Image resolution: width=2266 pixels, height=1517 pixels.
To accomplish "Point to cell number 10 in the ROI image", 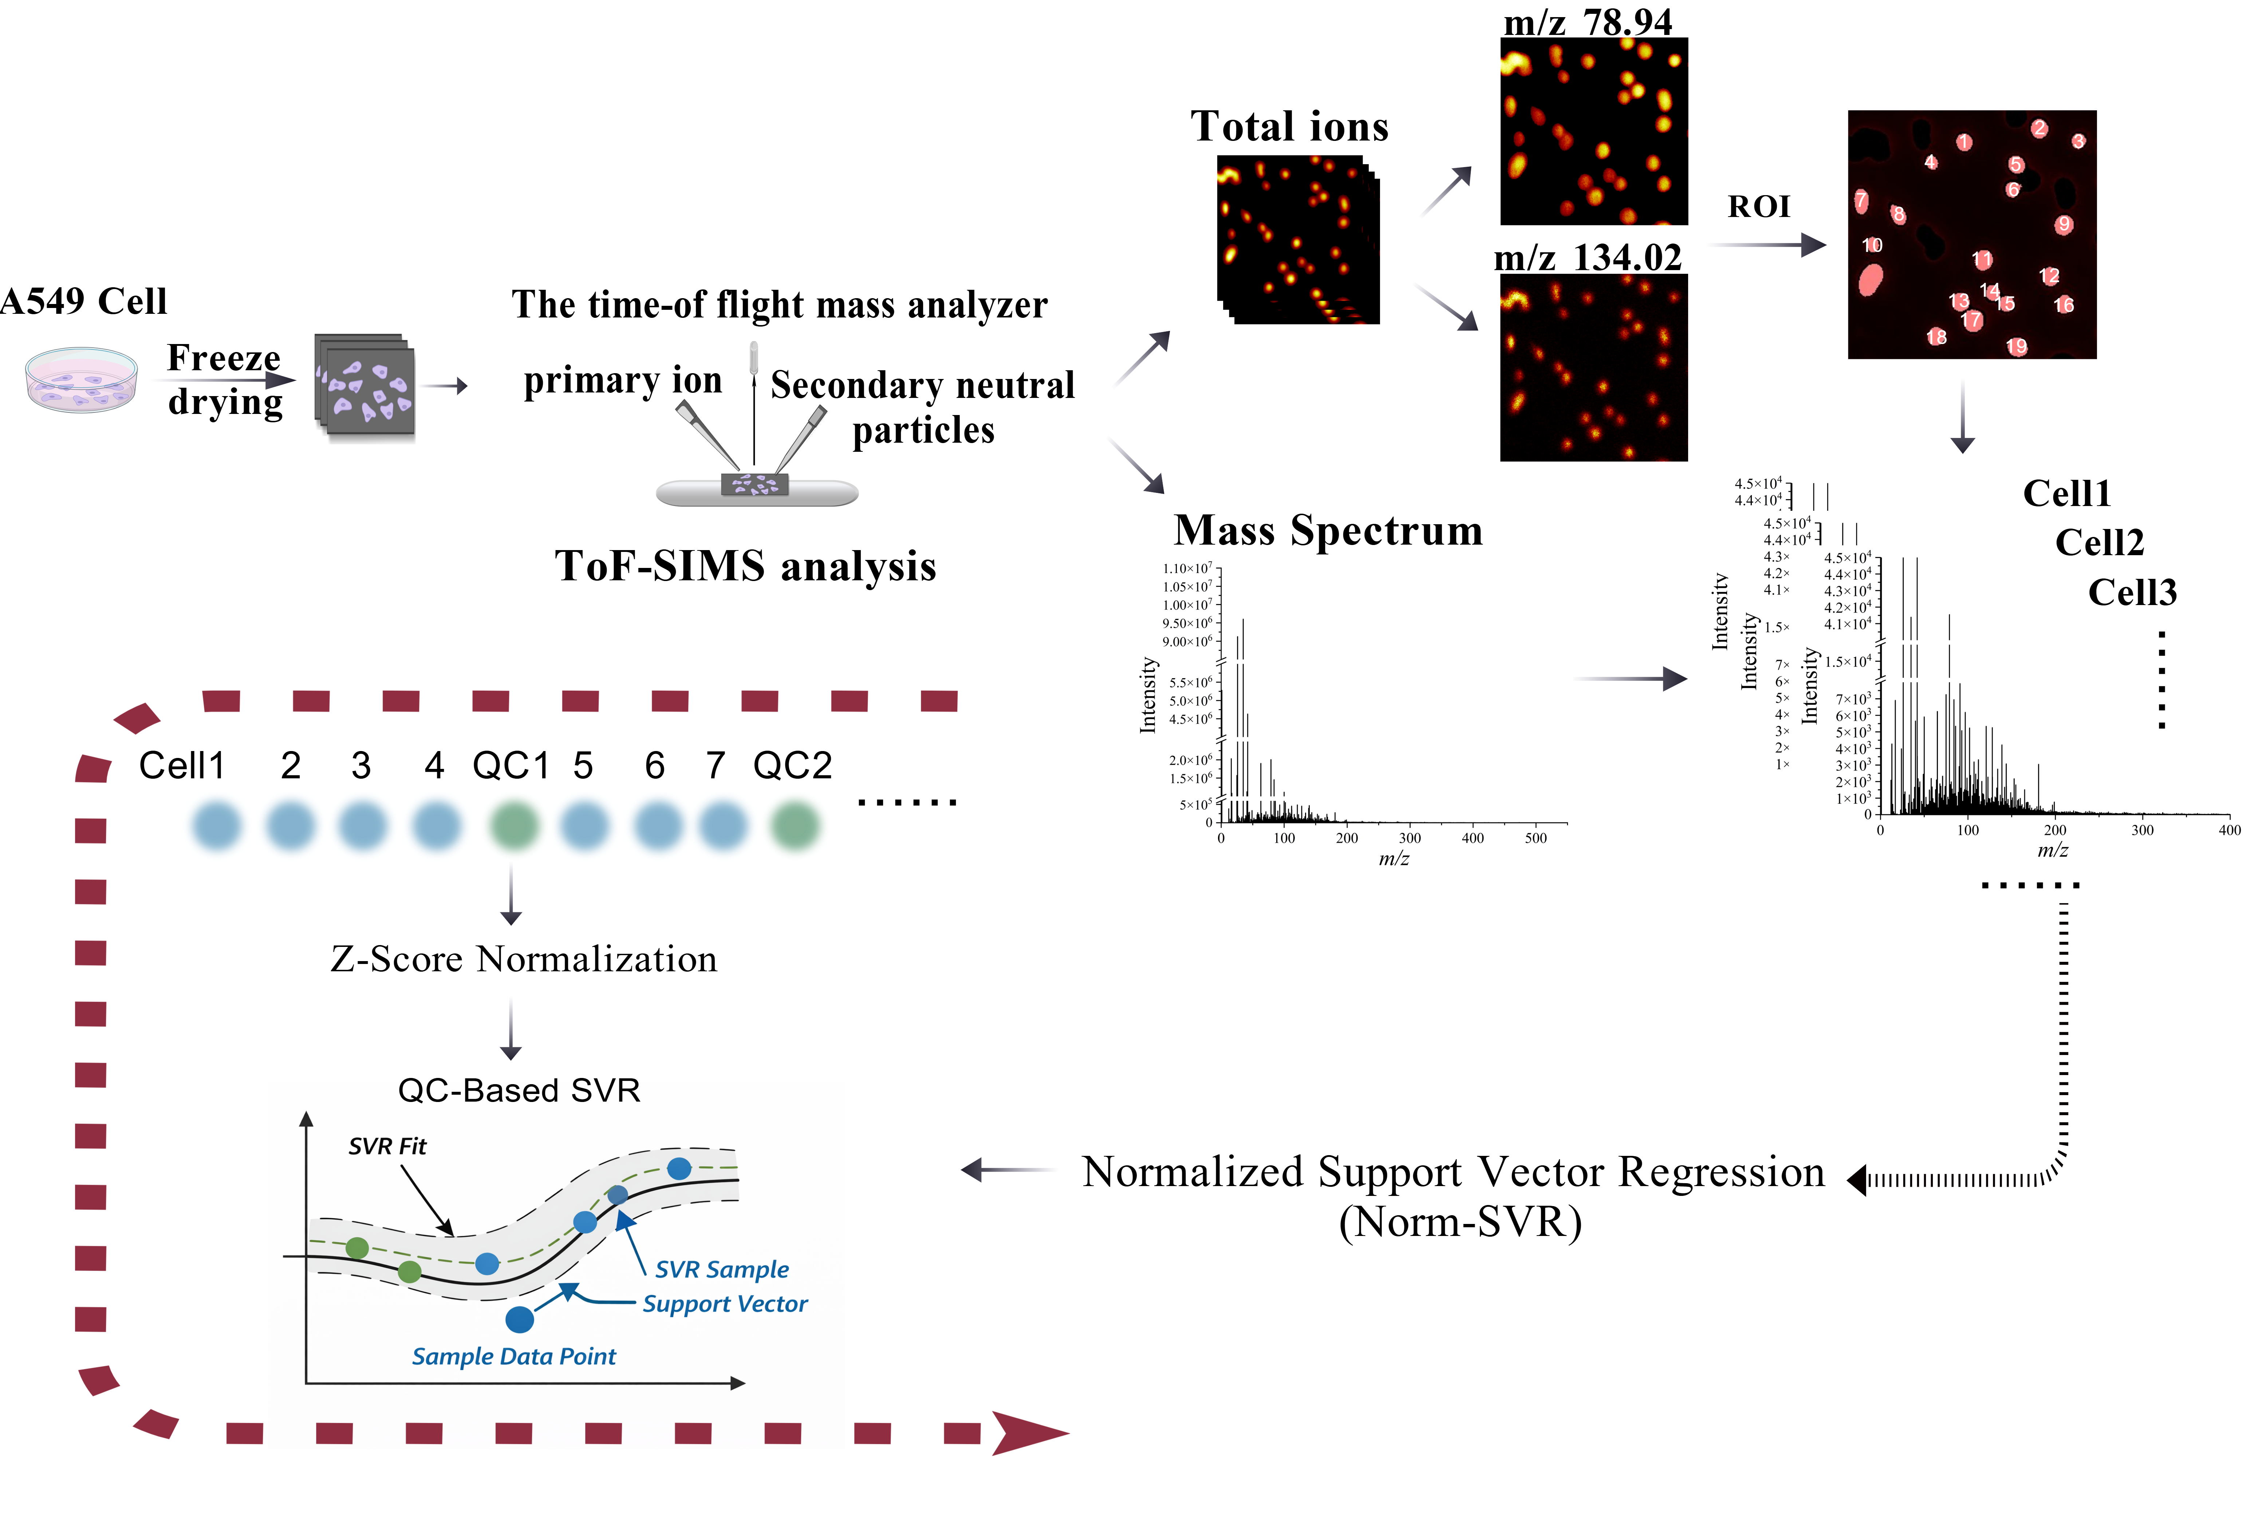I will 1871,246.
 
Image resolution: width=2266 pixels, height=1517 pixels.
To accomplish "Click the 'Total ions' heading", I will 1289,127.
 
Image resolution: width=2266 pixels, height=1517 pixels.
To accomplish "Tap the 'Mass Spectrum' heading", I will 1328,530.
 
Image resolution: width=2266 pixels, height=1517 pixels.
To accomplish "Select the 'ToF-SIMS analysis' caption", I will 745,566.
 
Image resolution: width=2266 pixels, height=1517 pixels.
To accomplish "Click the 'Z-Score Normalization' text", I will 524,959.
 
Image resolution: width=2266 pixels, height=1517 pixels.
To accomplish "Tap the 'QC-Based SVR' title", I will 519,1090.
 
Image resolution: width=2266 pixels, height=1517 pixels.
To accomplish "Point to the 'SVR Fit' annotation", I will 387,1146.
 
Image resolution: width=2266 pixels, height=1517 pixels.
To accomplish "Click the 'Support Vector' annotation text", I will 725,1304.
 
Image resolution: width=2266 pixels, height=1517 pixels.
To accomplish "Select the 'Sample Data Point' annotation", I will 514,1356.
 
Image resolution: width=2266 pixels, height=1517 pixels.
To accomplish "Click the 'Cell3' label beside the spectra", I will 2132,592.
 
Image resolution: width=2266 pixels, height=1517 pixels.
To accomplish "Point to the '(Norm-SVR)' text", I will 1460,1222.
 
